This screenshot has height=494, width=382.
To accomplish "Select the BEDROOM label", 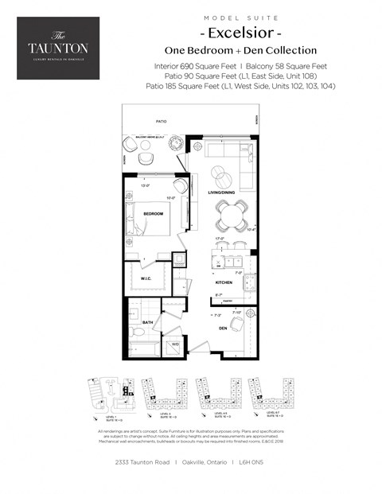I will click(x=153, y=214).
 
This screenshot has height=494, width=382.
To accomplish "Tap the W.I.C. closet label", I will click(x=147, y=278).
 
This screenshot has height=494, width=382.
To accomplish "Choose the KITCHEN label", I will click(x=223, y=282).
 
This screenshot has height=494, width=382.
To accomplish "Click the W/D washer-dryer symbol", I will click(x=175, y=344).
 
